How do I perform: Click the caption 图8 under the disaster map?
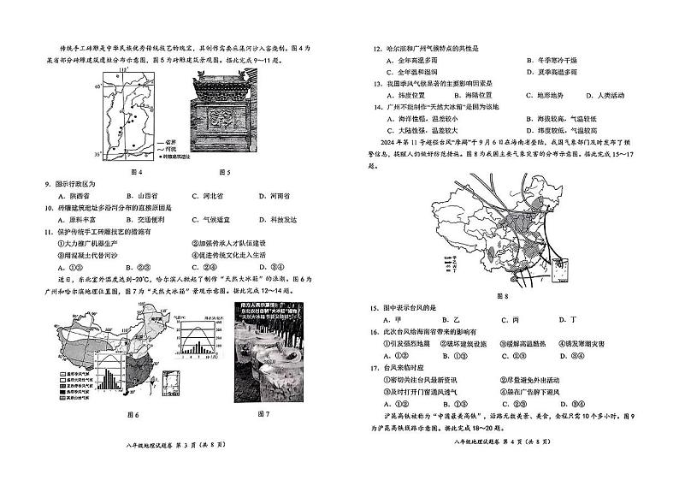(x=501, y=296)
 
